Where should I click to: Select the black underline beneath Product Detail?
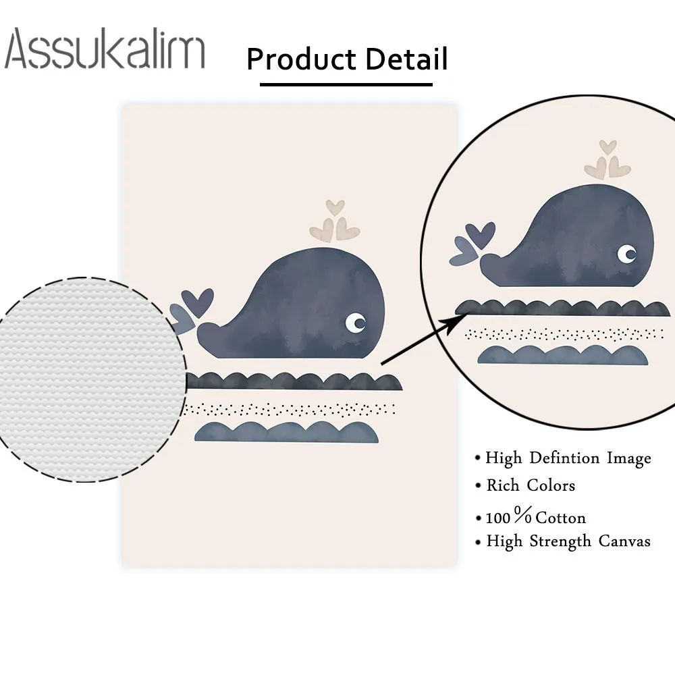point(346,84)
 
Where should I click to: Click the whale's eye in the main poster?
point(355,322)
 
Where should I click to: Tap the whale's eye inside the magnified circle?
point(627,254)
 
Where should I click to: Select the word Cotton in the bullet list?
point(560,518)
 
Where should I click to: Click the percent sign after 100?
point(522,517)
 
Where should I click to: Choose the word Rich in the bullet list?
point(504,485)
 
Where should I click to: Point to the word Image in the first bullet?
point(628,459)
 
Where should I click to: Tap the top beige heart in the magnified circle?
point(608,146)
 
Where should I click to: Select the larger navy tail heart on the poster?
point(200,301)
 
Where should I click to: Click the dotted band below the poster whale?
point(290,408)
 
